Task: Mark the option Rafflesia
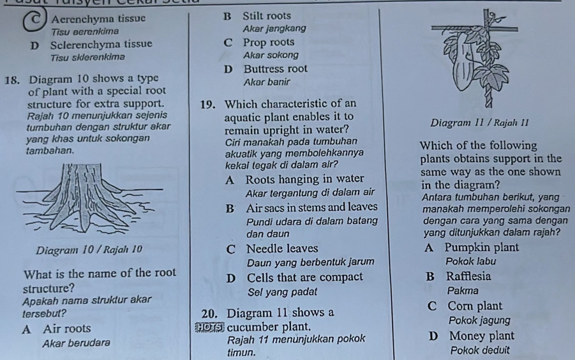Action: pos(470,276)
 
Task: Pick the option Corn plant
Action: pos(475,306)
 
